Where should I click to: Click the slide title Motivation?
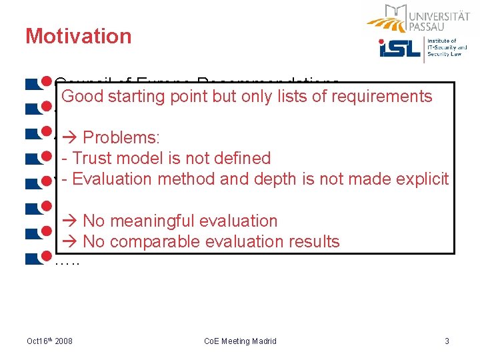[x=78, y=36]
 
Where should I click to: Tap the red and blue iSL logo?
[x=399, y=49]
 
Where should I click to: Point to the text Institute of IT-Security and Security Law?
[x=448, y=49]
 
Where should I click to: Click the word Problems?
[x=121, y=138]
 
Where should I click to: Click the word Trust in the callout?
[x=93, y=159]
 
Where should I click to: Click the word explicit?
[x=423, y=179]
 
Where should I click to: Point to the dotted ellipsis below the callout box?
[x=67, y=261]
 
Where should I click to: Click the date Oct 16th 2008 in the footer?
[x=49, y=341]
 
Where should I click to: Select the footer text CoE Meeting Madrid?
[x=240, y=341]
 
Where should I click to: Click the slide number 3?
[x=447, y=341]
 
